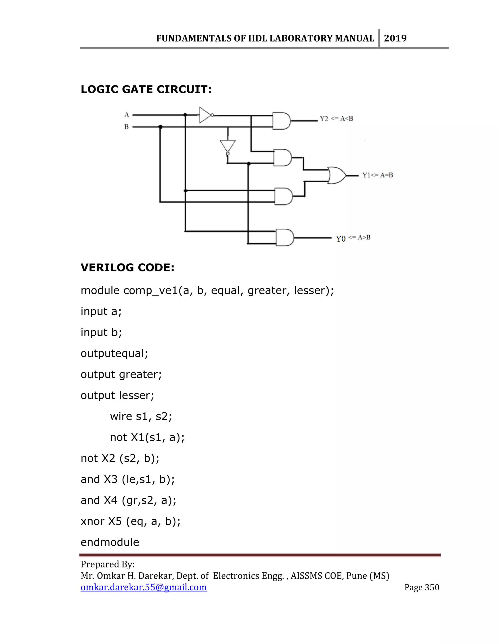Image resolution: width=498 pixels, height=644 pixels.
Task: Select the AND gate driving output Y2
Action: pos(281,121)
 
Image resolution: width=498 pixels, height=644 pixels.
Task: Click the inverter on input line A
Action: pos(206,115)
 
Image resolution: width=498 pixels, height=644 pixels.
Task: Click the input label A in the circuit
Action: pos(126,115)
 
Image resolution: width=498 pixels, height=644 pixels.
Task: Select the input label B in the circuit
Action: pos(126,127)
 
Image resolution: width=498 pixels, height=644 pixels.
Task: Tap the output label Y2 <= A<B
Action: pos(337,119)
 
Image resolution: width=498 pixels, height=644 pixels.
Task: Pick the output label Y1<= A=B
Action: pos(378,175)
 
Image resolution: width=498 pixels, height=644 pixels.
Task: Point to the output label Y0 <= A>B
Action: pos(353,238)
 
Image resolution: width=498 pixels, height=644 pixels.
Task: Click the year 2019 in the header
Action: pos(395,38)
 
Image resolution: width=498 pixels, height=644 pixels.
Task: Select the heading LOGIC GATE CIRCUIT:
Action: pos(146,89)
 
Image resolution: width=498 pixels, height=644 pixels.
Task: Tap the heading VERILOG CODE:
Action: pos(127,268)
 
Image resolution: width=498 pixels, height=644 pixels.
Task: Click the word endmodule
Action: pos(110,542)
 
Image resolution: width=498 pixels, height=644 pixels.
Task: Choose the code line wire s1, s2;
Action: pos(141,416)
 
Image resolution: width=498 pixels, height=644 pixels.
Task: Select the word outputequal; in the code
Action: pos(114,353)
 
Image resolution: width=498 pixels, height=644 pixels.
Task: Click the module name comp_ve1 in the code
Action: pos(151,291)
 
